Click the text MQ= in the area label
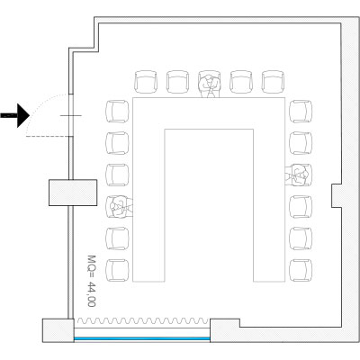[x=92, y=266]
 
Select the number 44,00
[x=92, y=294]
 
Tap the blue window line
[x=142, y=338]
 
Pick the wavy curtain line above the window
[x=143, y=321]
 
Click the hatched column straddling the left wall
[x=73, y=193]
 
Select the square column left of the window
[x=58, y=330]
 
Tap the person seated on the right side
[x=298, y=175]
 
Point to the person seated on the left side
[x=120, y=206]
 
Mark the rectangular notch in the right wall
[x=337, y=195]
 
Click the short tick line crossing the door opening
[x=71, y=115]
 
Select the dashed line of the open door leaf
[x=48, y=137]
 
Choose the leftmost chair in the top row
[x=146, y=82]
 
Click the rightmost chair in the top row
[x=273, y=82]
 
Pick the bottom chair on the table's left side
[x=117, y=270]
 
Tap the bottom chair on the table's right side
[x=301, y=270]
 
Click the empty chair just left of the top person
[x=177, y=82]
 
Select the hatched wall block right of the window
[x=225, y=330]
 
